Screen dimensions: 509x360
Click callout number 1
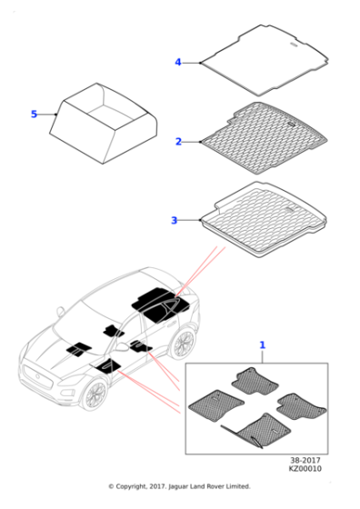[x=263, y=345]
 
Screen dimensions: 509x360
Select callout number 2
[x=179, y=142]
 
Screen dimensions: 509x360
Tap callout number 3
[x=174, y=220]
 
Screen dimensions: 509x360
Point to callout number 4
[x=178, y=62]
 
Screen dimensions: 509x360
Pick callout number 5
[x=34, y=115]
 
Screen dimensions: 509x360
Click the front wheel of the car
[x=93, y=396]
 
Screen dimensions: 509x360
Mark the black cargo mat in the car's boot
[x=159, y=301]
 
